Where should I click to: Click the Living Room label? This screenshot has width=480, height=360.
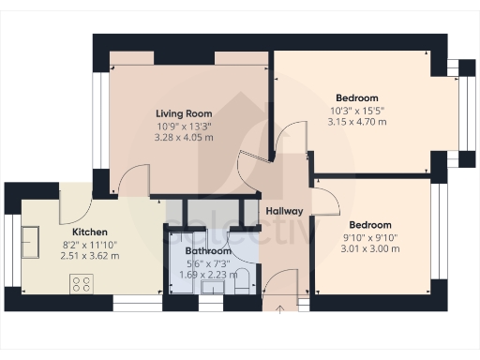pos(184,113)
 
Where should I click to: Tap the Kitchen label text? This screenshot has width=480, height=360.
pos(90,232)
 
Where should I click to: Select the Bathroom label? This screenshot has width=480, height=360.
pos(207,251)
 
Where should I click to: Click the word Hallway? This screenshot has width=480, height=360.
pos(284,211)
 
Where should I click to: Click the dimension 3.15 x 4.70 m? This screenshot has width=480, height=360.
pos(355,121)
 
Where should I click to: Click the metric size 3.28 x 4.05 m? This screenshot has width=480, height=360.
pos(184,138)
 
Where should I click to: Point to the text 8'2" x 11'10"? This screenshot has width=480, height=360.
pos(90,244)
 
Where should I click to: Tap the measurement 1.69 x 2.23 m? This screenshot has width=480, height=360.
pos(207,275)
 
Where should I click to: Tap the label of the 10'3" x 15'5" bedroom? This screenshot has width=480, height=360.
pos(356,97)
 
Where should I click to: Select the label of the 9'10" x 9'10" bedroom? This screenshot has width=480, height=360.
pos(369,225)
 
